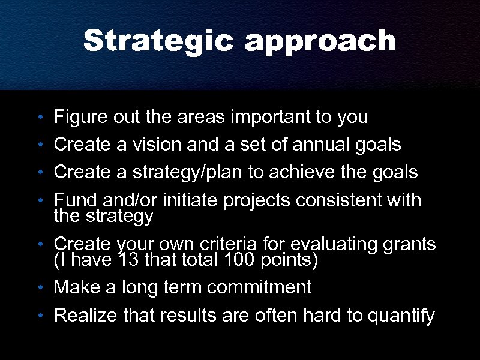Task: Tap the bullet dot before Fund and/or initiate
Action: (39, 200)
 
